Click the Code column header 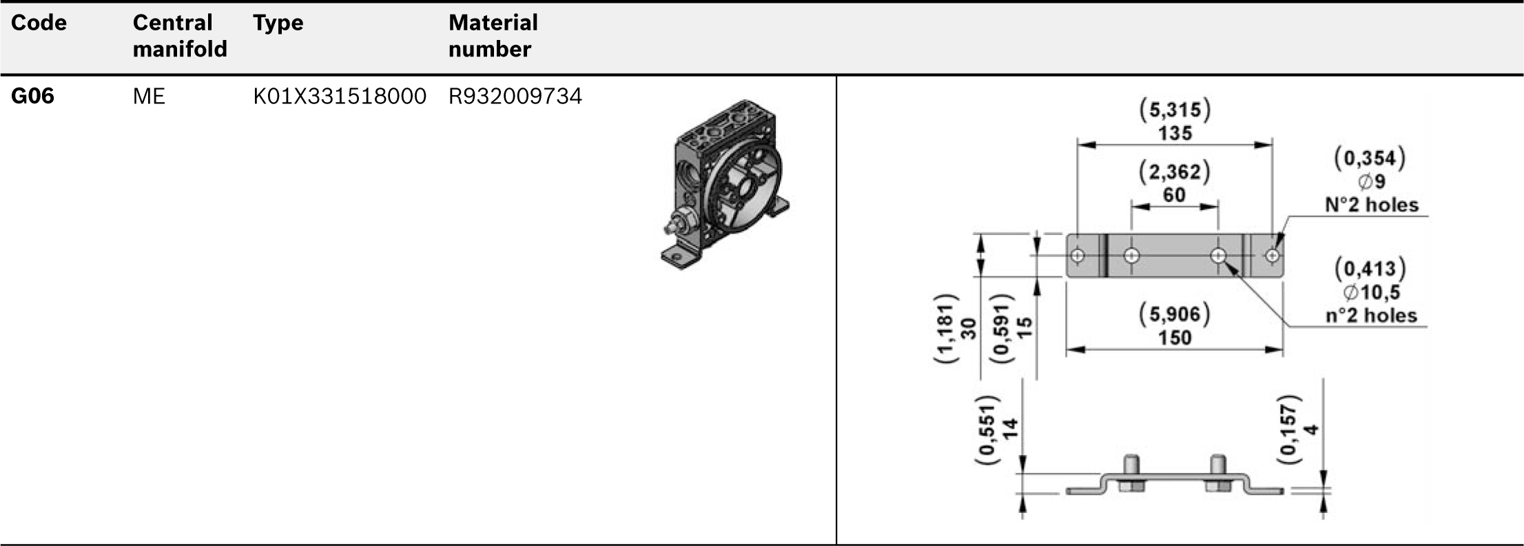point(39,23)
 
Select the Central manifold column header point(179,36)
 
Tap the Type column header point(278,23)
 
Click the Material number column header point(493,36)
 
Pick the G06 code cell point(32,97)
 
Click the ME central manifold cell point(149,97)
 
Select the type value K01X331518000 point(340,97)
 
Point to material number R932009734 point(515,97)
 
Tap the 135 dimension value point(1175,133)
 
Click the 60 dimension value point(1175,195)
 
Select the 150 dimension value point(1175,338)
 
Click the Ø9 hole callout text point(1370,182)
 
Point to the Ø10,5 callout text point(1371,292)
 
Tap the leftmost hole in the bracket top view point(1078,256)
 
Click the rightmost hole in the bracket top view point(1273,256)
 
